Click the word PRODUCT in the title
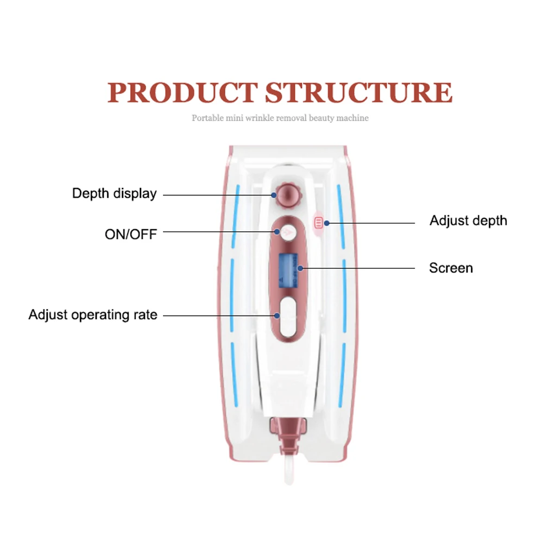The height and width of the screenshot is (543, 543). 182,92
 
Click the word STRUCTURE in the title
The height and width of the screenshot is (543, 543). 359,92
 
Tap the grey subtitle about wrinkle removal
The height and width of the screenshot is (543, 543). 280,118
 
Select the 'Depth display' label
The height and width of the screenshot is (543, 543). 114,193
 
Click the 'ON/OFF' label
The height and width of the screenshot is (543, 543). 131,235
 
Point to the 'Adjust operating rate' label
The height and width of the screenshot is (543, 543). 93,315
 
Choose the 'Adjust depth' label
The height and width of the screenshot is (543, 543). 468,220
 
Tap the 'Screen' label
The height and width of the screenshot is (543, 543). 451,268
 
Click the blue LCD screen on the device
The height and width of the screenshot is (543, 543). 288,271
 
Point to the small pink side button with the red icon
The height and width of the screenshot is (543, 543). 318,223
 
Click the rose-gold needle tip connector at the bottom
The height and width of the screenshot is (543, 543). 288,435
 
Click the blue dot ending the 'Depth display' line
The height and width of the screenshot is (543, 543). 274,195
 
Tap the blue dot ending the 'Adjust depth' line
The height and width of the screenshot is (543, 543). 326,223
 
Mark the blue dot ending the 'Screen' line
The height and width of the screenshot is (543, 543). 300,268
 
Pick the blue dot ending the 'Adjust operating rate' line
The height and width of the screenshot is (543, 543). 277,316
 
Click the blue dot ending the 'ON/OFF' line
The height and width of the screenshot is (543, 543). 277,232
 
